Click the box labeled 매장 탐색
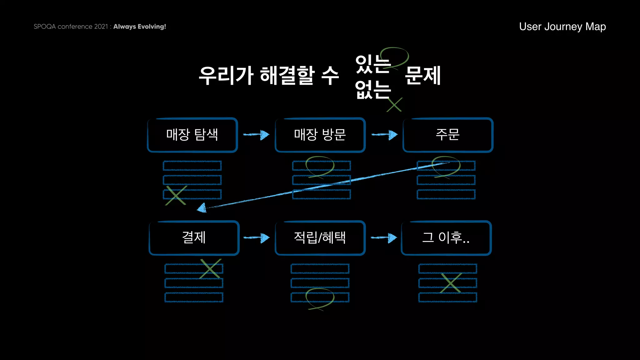coord(192,135)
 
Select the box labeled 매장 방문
coord(320,135)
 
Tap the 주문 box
coord(448,135)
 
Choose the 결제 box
coord(194,238)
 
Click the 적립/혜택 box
coord(320,238)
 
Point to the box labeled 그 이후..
coord(446,238)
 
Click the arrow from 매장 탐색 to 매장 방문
coord(256,135)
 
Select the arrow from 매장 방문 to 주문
coord(384,135)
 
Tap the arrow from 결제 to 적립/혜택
coord(256,238)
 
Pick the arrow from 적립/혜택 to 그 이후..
coord(384,238)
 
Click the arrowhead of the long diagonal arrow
coord(202,208)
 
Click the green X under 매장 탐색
coord(176,196)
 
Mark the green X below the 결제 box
coord(211,268)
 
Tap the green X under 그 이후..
coord(450,283)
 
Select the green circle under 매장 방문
coord(320,167)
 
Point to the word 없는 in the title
coord(373,90)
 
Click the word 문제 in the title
coord(422,76)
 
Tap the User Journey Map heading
coord(562,27)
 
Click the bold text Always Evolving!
coord(139,27)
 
